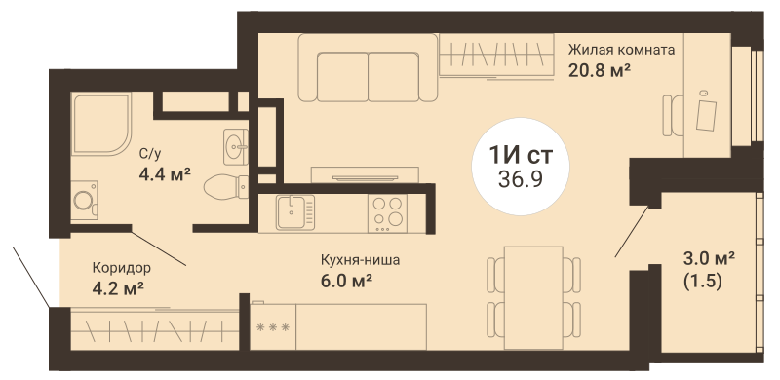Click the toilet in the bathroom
(226, 186)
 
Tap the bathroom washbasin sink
(236, 147)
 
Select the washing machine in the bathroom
(84, 201)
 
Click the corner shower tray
(101, 124)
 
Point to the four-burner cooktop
(387, 212)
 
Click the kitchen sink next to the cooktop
(295, 212)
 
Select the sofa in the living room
(368, 67)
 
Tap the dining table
(533, 298)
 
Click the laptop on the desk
(706, 114)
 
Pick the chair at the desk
(673, 115)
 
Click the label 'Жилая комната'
(621, 51)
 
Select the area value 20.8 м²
(600, 70)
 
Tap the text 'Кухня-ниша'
(360, 260)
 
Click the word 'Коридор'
(121, 268)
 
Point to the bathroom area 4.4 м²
(165, 174)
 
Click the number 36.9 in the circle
(520, 178)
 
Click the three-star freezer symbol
(272, 327)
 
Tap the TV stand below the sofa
(365, 175)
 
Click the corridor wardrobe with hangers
(155, 329)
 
